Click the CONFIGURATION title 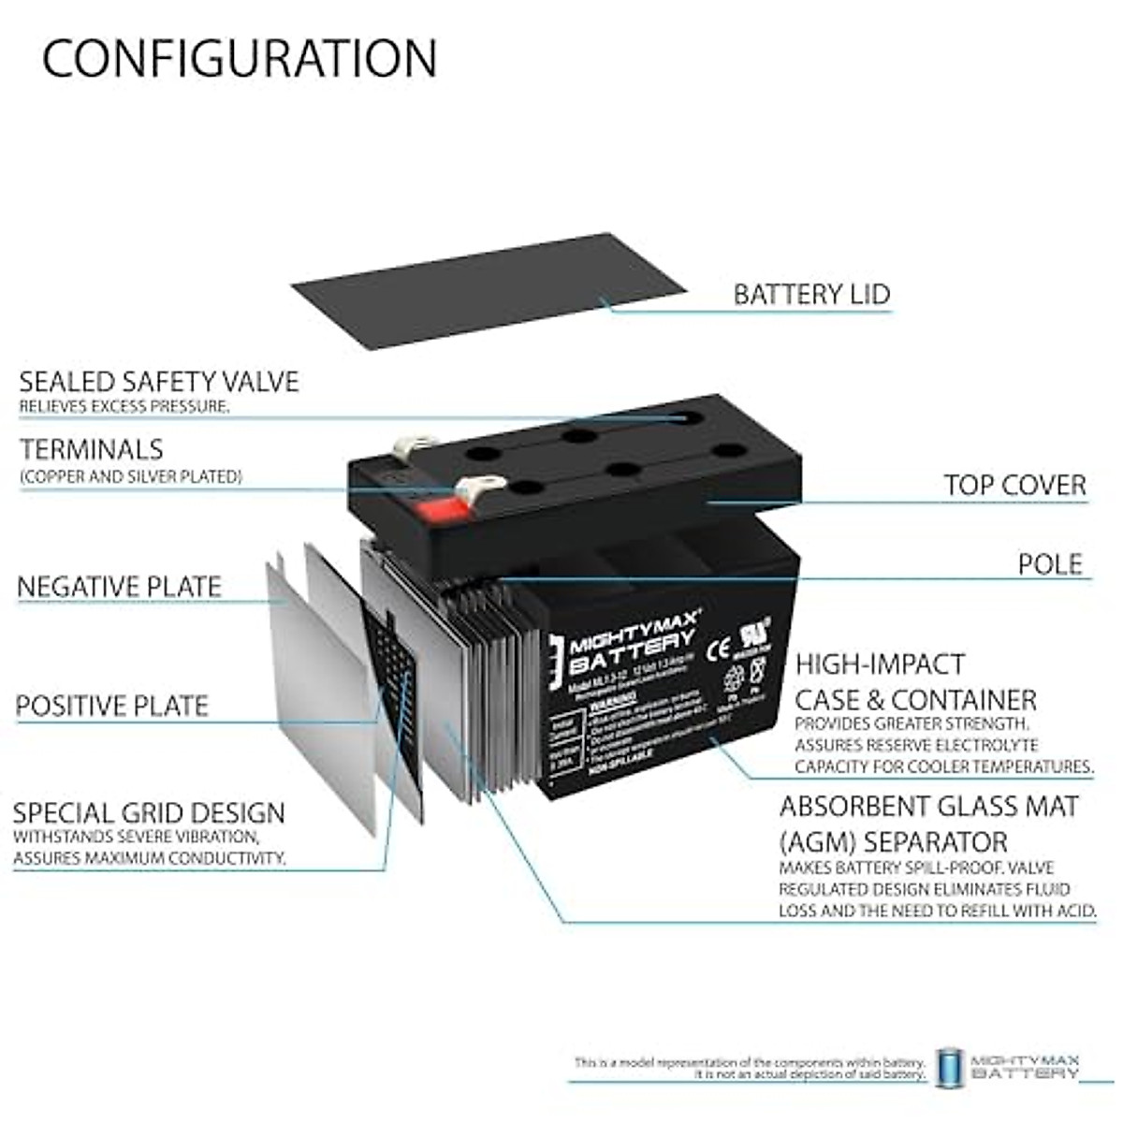[240, 58]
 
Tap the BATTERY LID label [811, 295]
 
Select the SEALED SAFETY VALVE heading [159, 382]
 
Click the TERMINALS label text [92, 450]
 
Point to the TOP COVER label [1014, 486]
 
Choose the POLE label [1050, 564]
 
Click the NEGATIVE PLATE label [120, 588]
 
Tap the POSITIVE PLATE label [112, 706]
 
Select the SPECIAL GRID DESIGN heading [149, 812]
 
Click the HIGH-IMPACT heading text [880, 664]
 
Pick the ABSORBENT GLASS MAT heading [928, 807]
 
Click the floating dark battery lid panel [488, 291]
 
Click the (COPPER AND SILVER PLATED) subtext [131, 477]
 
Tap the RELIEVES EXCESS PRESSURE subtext [124, 407]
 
